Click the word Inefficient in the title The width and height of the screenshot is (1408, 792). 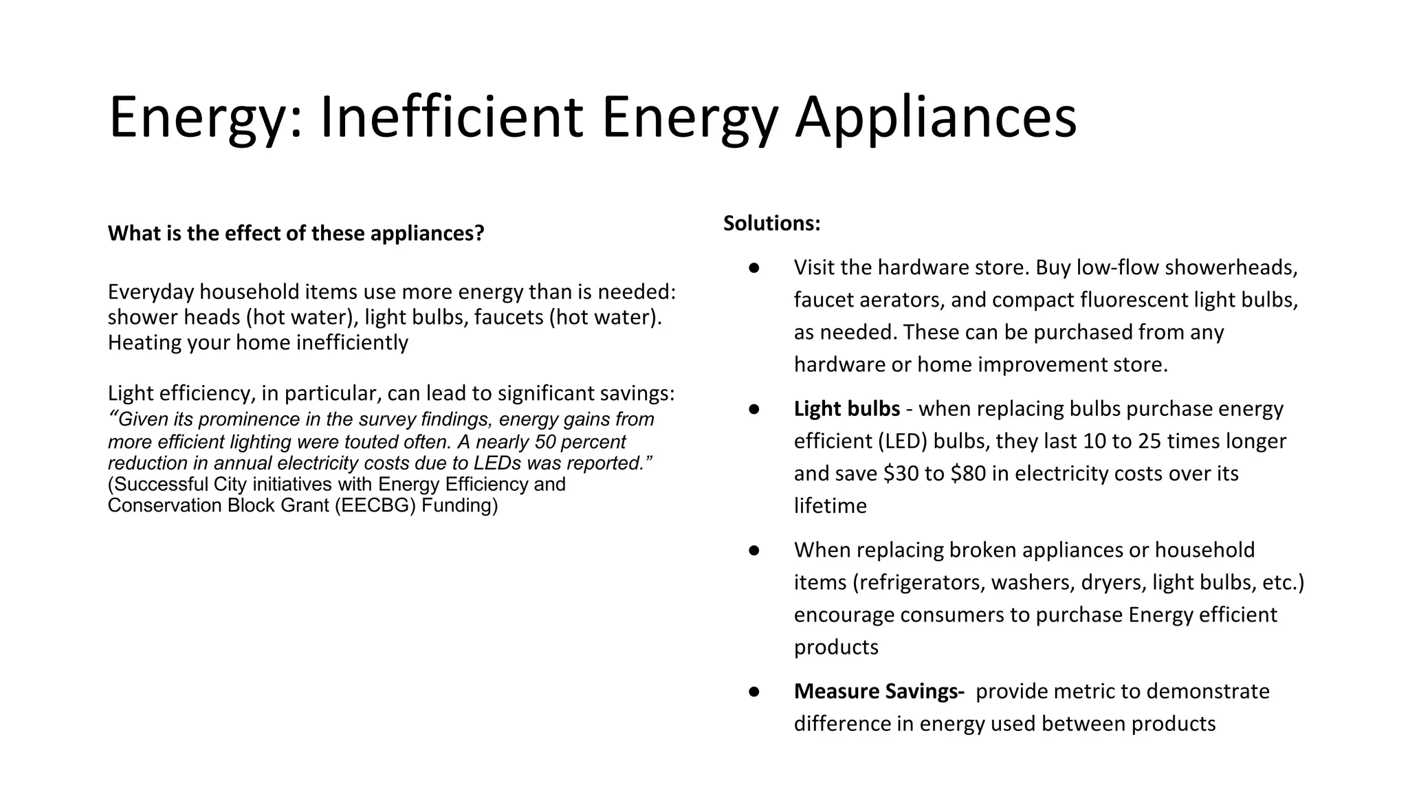[452, 117]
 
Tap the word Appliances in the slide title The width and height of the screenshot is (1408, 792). [936, 117]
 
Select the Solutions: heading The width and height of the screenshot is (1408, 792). [771, 223]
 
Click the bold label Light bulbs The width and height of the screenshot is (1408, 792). [846, 409]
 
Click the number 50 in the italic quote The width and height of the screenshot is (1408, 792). [545, 441]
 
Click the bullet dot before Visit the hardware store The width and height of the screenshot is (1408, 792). [753, 267]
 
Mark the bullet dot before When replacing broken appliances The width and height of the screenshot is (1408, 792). [753, 550]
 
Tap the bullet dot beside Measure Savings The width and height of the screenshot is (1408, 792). [753, 692]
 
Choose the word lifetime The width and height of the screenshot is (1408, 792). [830, 506]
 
